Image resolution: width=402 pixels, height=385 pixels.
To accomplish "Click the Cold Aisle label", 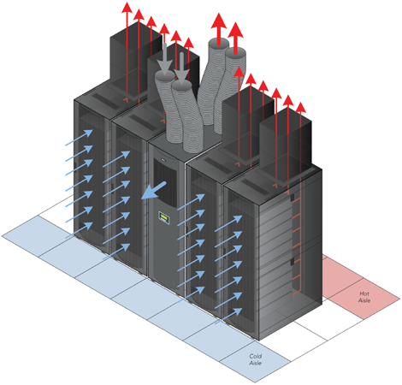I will [x=255, y=359].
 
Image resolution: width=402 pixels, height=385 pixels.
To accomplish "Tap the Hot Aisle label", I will [x=364, y=296].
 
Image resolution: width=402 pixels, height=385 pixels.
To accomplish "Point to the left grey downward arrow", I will [x=164, y=60].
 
